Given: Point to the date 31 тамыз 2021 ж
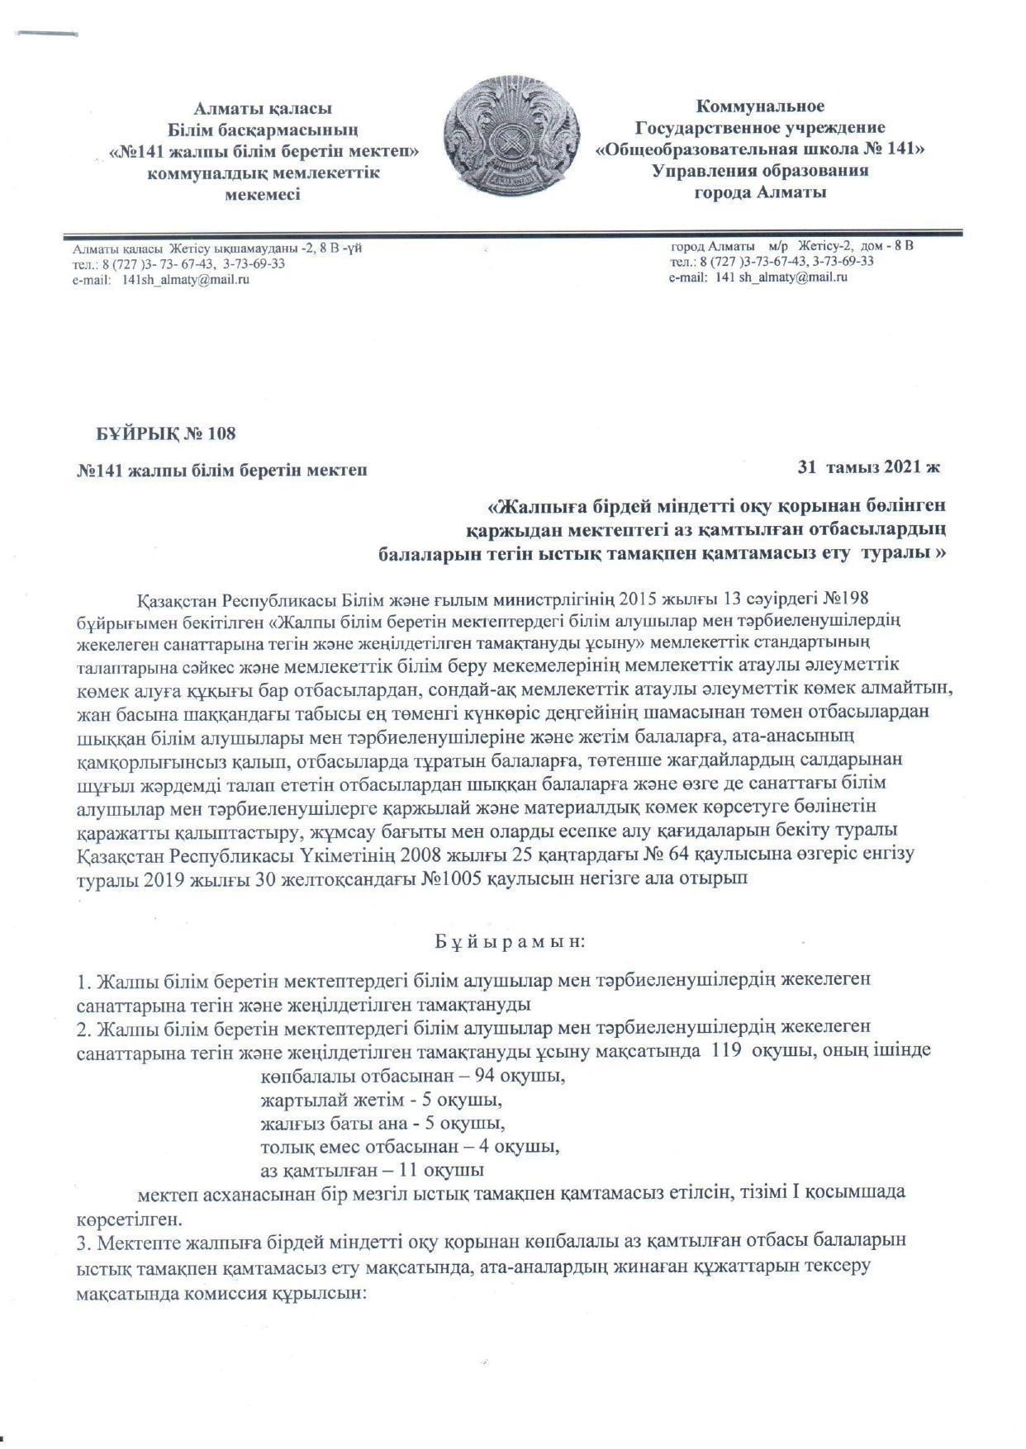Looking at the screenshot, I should (869, 467).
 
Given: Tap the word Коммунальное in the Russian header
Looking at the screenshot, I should (760, 107).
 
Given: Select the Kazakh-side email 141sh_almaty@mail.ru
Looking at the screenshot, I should (186, 280).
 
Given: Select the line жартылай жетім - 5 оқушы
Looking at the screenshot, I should (382, 1101).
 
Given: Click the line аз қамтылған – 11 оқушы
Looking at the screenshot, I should (372, 1170).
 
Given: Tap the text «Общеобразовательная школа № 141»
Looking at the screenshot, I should (760, 149).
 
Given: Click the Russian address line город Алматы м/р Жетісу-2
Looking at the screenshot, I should (791, 246).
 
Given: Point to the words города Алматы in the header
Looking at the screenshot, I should (760, 193).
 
